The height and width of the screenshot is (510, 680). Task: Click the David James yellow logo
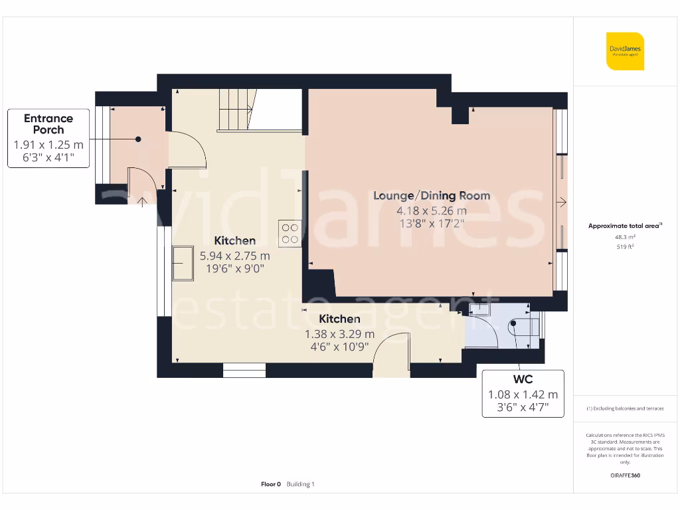coord(625,51)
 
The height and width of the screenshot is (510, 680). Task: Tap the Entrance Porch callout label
coord(48,138)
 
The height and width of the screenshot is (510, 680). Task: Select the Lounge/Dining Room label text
coord(432,195)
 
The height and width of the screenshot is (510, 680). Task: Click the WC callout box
coord(523,394)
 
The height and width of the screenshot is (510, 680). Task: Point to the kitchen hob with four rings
coord(290,233)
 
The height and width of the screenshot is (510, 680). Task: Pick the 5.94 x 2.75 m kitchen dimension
coord(235,255)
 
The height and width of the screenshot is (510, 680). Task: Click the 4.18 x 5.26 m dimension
coord(432,211)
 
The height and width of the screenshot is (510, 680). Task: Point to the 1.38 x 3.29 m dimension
coord(339,334)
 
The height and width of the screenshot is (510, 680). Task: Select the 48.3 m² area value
coord(624,236)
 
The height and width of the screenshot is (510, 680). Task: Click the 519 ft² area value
coord(624,246)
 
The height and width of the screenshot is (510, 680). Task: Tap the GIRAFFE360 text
coord(624,475)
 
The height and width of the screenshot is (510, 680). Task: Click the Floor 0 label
coord(271,484)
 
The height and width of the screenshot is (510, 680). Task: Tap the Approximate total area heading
coord(624,226)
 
